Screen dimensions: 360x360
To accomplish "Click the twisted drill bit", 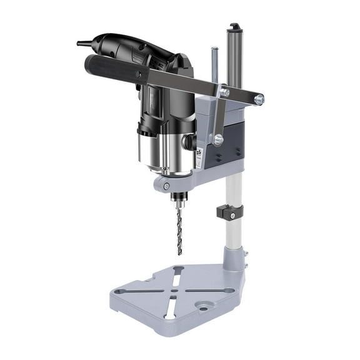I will pyautogui.click(x=179, y=229).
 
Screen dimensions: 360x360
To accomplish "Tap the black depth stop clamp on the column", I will pyautogui.click(x=227, y=211).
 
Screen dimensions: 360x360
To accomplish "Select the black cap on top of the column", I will pyautogui.click(x=234, y=27).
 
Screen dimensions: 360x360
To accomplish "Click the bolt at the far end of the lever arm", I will pyautogui.click(x=259, y=99).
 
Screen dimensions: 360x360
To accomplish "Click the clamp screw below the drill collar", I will pyautogui.click(x=164, y=186).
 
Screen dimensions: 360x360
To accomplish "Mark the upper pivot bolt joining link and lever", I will pyautogui.click(x=225, y=93).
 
